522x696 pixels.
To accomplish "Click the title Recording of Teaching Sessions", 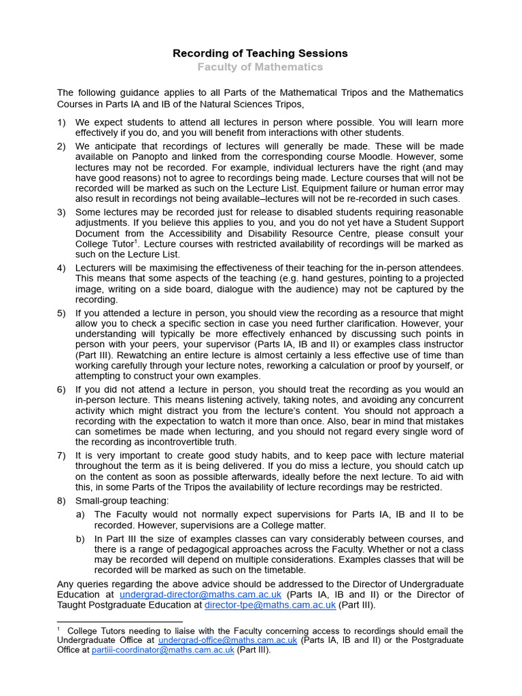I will [260, 53].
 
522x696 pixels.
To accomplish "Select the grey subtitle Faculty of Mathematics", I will [260, 67].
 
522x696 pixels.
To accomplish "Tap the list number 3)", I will [61, 212].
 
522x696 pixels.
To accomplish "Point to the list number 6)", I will [61, 389].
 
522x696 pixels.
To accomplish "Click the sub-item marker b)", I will [80, 539].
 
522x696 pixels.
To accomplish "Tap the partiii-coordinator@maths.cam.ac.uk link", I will [163, 650].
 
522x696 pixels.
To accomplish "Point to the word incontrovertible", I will [175, 442].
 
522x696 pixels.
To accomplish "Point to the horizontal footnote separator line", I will [120, 621].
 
